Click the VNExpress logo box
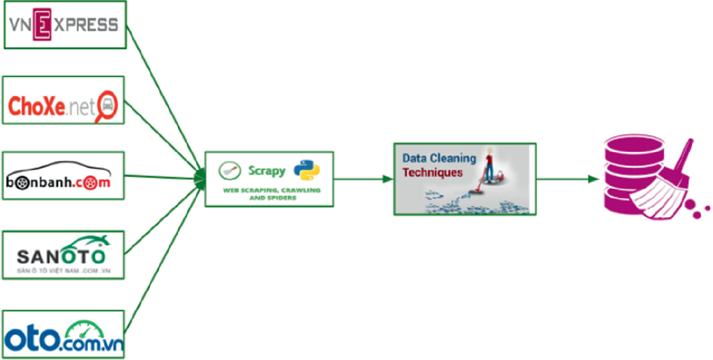tap(65, 25)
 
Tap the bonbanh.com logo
tap(64, 175)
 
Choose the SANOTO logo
tap(64, 254)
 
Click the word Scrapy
tap(267, 171)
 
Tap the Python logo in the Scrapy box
tap(306, 171)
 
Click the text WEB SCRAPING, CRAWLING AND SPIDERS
tap(270, 194)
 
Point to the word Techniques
tap(433, 172)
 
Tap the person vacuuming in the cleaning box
tap(489, 165)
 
